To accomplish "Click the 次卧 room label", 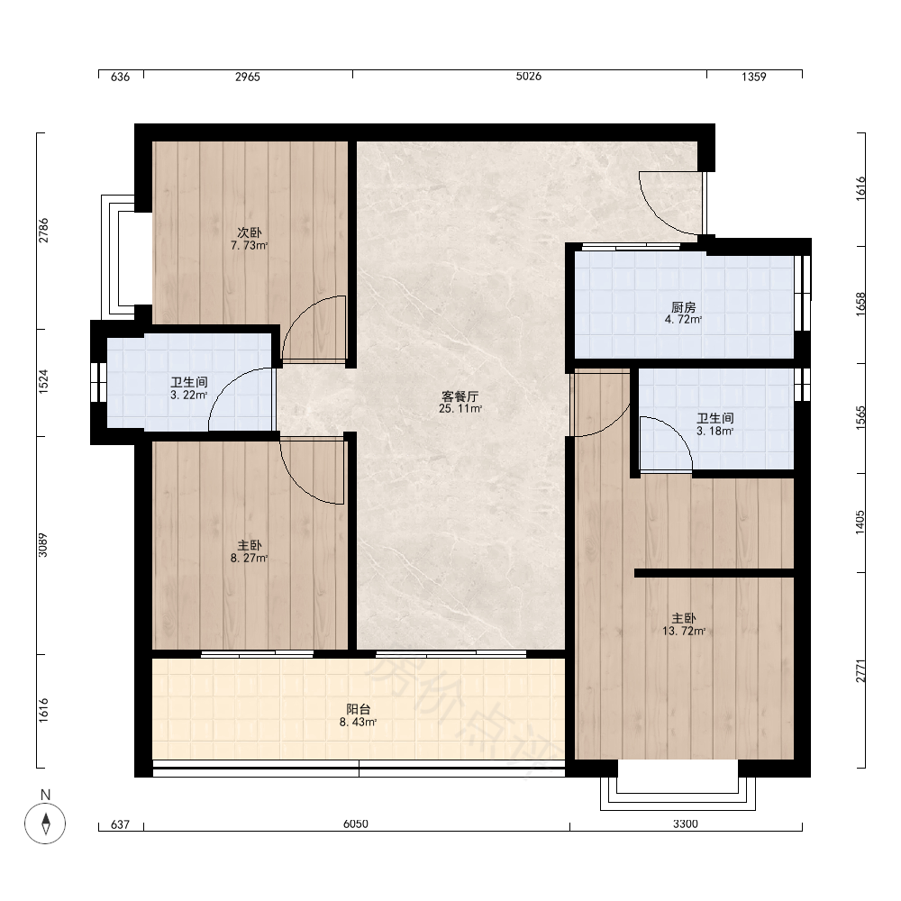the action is [x=250, y=232].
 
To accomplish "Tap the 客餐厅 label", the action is [x=460, y=396].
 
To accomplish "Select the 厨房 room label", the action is [x=683, y=307].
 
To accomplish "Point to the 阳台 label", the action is [x=358, y=710].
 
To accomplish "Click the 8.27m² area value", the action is [x=250, y=558].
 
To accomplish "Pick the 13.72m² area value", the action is [x=684, y=631].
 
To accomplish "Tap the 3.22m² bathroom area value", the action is [x=188, y=396].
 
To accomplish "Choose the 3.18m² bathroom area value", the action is [x=714, y=431].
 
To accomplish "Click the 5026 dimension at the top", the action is [x=529, y=77].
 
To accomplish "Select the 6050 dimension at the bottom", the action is [x=356, y=824].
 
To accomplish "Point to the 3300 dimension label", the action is [x=686, y=824].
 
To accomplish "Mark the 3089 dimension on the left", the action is [x=43, y=545].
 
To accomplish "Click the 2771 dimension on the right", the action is [x=860, y=670].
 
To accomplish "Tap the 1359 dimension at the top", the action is [x=754, y=77].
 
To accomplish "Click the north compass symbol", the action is [x=45, y=823].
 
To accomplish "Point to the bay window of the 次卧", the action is [x=118, y=256].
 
